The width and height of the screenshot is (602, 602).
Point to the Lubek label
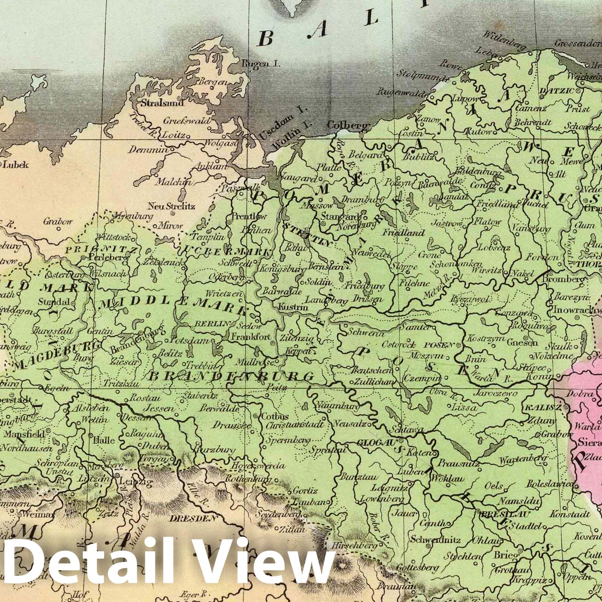click(x=15, y=164)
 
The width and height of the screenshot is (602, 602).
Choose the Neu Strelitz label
click(x=166, y=206)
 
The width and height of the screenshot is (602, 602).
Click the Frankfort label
click(x=251, y=337)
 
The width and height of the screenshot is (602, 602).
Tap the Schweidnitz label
click(x=435, y=540)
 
